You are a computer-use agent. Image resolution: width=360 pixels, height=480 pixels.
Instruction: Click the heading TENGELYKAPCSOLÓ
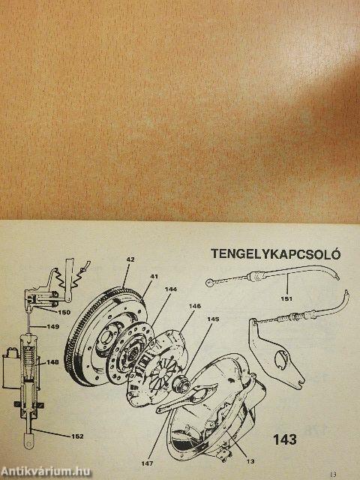[x=275, y=254]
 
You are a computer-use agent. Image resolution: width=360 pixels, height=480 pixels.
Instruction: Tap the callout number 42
[x=130, y=259]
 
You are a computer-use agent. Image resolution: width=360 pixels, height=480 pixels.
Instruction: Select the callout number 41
[x=154, y=277]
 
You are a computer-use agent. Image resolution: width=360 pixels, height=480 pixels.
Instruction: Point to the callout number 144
[x=170, y=289]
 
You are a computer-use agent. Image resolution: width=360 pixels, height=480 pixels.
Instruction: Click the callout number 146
[x=195, y=306]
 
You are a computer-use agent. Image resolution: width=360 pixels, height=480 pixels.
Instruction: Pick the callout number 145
[x=213, y=319]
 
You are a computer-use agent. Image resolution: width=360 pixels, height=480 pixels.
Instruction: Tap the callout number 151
[x=286, y=298]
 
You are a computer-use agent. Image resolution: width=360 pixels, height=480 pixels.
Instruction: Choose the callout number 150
[x=64, y=313]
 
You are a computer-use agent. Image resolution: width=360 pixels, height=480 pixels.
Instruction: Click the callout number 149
[x=53, y=327]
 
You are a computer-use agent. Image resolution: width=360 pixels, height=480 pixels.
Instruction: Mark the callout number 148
[x=52, y=362]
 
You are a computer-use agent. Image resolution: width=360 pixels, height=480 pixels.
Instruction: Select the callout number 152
[x=77, y=436]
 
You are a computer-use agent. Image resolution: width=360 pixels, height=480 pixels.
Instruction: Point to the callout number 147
[x=147, y=463]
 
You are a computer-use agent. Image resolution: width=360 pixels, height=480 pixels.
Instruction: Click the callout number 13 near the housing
[x=250, y=461]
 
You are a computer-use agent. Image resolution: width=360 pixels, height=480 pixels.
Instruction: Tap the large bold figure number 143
[x=285, y=439]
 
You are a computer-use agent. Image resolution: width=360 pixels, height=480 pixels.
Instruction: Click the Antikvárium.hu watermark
[x=45, y=471]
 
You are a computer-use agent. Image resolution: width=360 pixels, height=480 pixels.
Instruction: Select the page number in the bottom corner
[x=333, y=475]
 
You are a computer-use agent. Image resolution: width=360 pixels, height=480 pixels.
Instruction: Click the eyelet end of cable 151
[x=209, y=282]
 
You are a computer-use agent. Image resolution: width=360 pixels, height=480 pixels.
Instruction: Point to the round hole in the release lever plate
[x=281, y=360]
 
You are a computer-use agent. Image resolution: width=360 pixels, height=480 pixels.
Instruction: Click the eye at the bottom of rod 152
[x=29, y=442]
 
